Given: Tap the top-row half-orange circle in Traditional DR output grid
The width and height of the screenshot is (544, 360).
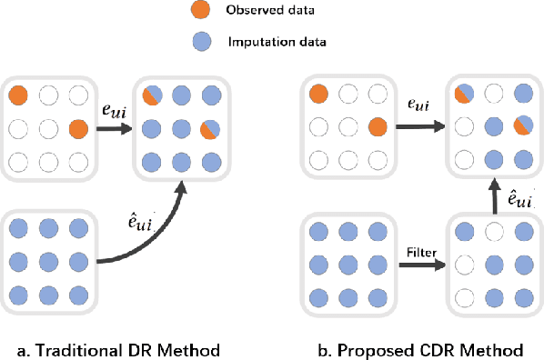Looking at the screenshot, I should (x=151, y=95).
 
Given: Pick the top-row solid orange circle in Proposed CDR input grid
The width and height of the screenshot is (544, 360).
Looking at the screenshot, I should (x=318, y=94).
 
